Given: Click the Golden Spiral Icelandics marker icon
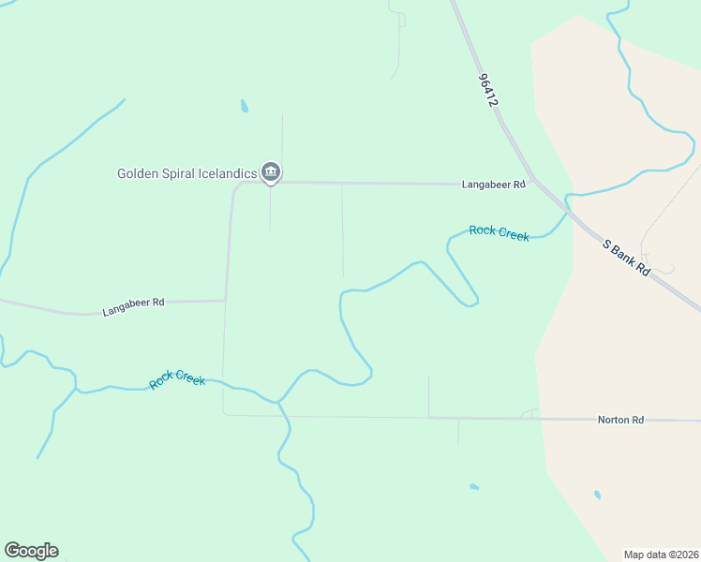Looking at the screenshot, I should tap(271, 171).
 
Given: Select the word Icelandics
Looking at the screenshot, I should tap(228, 173).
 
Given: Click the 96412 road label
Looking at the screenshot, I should tap(486, 90).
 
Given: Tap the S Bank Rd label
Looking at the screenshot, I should tap(626, 258).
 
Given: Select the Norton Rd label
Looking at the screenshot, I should tap(620, 421).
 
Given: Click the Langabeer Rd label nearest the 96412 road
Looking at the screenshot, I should tap(493, 185).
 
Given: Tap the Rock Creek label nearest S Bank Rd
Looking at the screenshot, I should tap(499, 232).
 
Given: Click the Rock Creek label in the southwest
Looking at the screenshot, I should tap(177, 379).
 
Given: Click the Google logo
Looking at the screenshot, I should tap(31, 551).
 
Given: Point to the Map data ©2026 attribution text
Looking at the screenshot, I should tap(660, 554).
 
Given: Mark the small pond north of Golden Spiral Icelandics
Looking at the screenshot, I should tap(244, 106).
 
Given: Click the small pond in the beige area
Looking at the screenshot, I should tap(597, 495).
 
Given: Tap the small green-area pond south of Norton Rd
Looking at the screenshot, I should tap(474, 487).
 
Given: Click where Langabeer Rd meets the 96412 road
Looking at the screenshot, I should tap(531, 181).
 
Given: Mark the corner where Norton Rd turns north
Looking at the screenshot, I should tap(224, 413).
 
